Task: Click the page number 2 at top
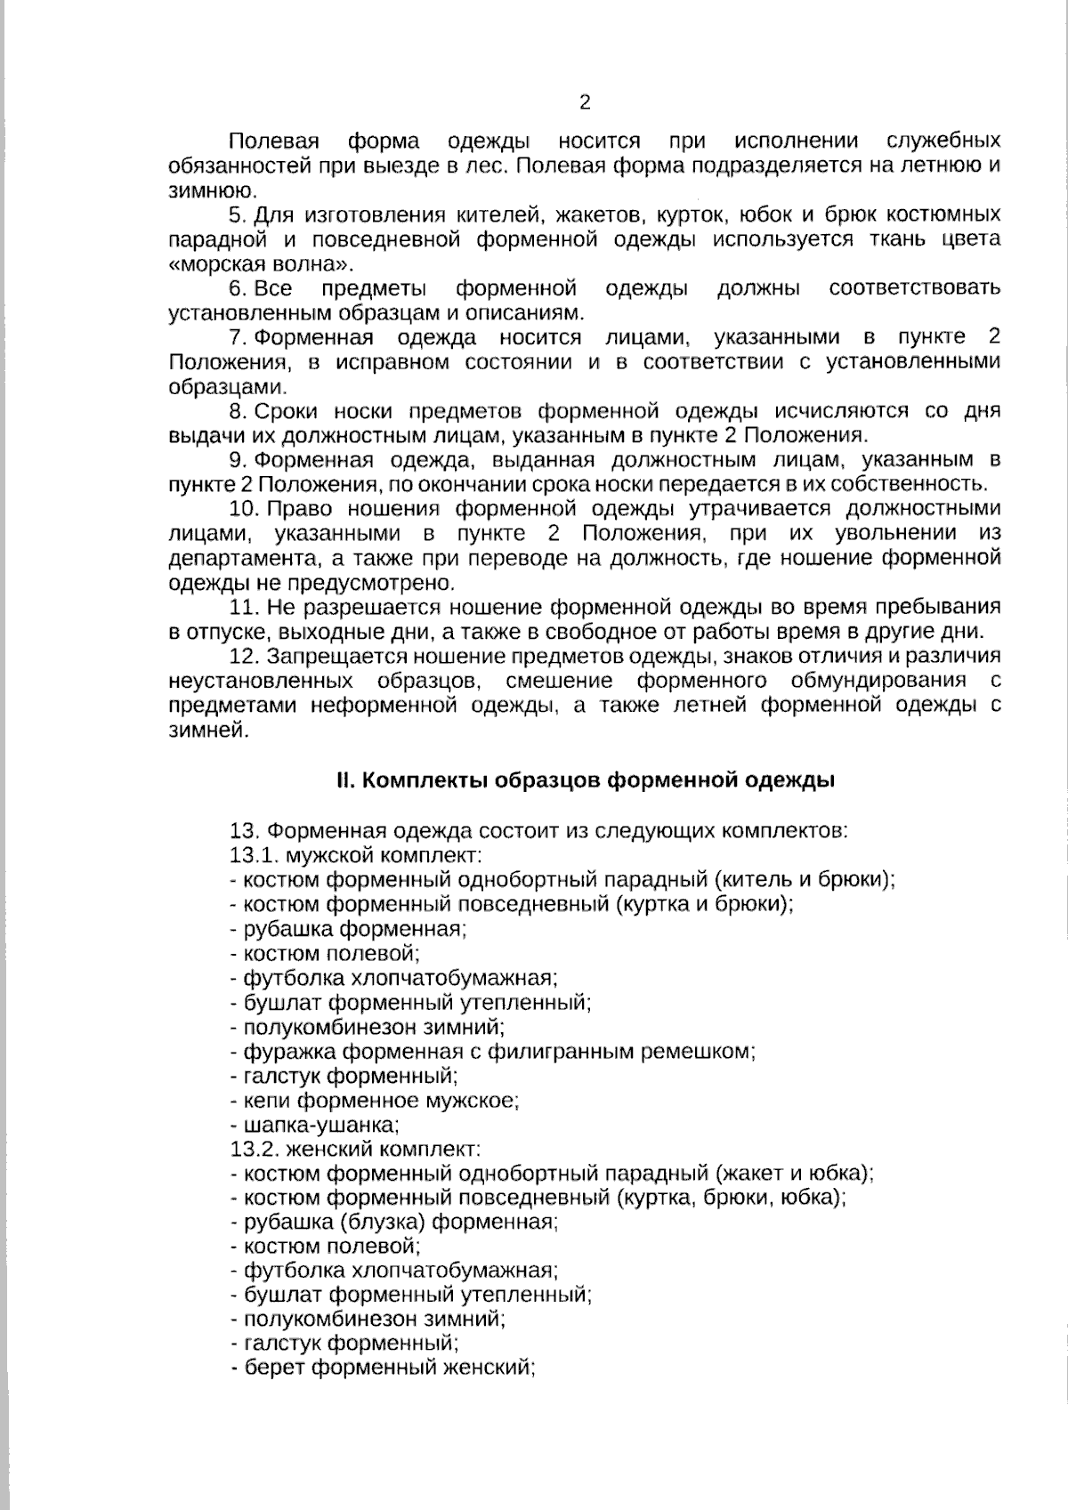[585, 102]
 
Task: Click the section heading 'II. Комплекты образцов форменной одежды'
[586, 781]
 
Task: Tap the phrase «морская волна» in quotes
[260, 264]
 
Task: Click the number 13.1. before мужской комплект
[255, 855]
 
